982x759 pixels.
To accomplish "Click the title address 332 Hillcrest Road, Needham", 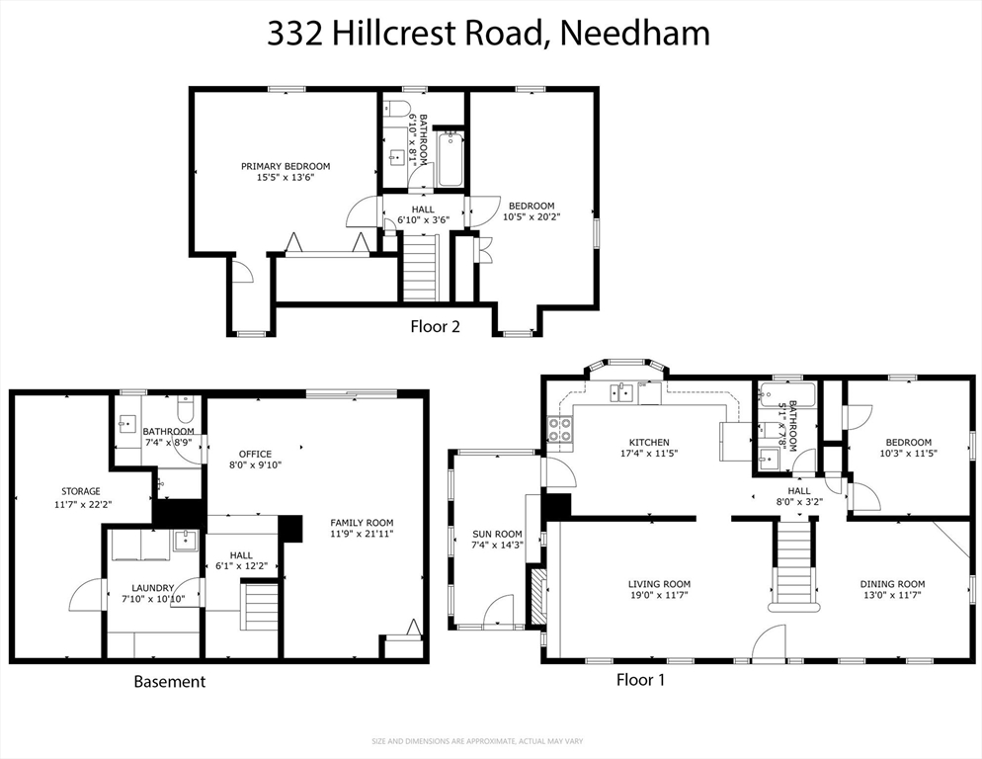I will pos(489,33).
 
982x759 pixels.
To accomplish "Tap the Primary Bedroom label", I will pos(286,172).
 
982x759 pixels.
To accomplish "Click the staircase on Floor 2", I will pos(420,269).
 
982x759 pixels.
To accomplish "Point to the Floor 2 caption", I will pos(435,325).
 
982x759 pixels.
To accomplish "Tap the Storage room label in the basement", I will pos(81,498).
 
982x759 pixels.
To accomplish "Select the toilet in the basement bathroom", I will pos(185,409).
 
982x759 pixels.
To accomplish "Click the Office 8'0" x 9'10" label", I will pos(255,461).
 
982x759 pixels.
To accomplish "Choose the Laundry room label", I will pos(147,593).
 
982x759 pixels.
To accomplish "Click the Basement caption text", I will pos(170,681).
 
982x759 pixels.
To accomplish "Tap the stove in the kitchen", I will pos(560,430).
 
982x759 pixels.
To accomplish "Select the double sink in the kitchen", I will pos(622,393).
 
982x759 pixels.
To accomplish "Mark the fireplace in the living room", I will pos(536,597).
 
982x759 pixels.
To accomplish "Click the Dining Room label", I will pos(891,590).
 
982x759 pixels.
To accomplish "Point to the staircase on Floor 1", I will pos(793,563).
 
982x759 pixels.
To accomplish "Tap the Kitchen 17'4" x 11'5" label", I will pos(650,448).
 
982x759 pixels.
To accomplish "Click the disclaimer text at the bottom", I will pos(490,741).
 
